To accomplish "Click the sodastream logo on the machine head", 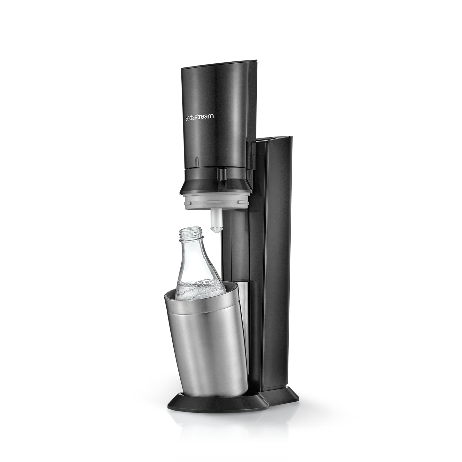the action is coord(200,117).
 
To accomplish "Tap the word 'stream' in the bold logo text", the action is coord(205,117).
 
